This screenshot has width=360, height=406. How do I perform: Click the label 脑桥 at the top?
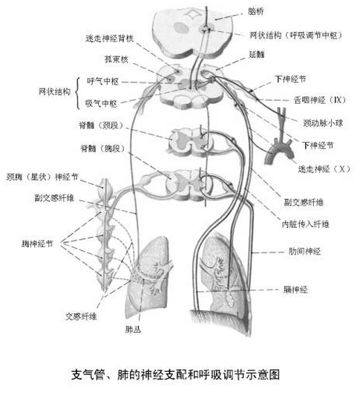coord(255,11)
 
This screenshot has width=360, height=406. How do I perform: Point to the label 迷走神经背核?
coord(109,39)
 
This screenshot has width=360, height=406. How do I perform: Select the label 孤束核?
coord(116,59)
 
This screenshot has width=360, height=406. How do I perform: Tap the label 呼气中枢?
coord(102,82)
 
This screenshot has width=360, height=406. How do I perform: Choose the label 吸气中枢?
coord(101,104)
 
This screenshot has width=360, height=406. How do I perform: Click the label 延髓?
coord(256,54)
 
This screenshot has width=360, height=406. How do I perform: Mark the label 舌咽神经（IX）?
coord(320,100)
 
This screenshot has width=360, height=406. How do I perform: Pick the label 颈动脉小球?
coord(323,122)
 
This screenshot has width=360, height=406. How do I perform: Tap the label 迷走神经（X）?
coord(324,169)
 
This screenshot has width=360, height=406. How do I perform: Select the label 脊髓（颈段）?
coord(101,125)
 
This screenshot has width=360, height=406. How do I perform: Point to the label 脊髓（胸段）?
coord(103,148)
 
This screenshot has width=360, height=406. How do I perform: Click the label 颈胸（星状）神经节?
coord(42,177)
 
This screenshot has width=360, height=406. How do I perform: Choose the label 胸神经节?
coord(37,243)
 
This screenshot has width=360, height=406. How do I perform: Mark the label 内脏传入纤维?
coord(305,224)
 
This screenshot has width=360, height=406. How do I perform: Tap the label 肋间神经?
coord(304,251)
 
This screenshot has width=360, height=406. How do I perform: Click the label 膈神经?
coord(295,289)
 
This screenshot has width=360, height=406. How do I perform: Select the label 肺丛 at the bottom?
coord(133,330)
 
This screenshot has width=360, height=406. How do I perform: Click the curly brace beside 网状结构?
coord(77,94)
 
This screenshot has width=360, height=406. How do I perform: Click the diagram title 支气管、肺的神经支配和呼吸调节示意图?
coord(176,374)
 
